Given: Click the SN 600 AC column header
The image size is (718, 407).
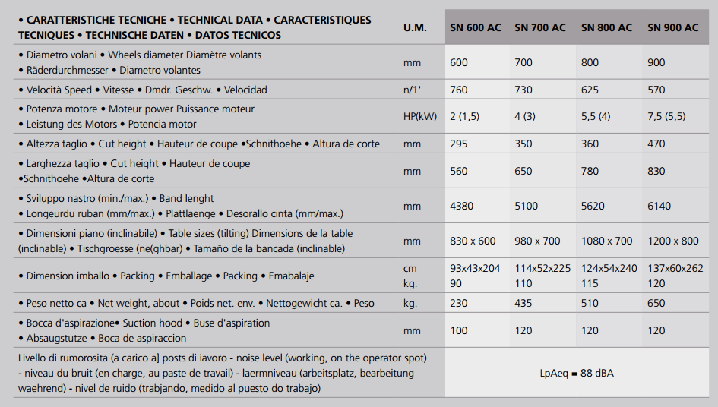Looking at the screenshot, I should [x=475, y=27].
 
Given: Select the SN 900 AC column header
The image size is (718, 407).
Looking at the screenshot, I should [x=672, y=27].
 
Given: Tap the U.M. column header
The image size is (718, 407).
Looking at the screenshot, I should [x=415, y=27].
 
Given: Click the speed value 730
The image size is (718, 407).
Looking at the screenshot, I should [x=523, y=90].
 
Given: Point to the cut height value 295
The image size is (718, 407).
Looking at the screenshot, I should [x=459, y=144].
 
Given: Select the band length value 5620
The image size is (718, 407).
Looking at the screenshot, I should [x=593, y=206].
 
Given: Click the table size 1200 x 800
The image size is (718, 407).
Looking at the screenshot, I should [x=672, y=241].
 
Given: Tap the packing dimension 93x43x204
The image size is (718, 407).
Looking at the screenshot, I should [x=476, y=268].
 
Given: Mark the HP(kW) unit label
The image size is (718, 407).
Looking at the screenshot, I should [x=420, y=116].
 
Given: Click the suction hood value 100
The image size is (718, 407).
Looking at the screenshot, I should [x=459, y=330].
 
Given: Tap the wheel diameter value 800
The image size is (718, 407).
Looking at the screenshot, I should [x=590, y=62].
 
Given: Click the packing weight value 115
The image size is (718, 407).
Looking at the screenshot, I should [x=590, y=283].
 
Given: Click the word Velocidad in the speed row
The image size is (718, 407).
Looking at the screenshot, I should [x=245, y=90].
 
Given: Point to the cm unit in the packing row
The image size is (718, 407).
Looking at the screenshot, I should [x=410, y=268].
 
